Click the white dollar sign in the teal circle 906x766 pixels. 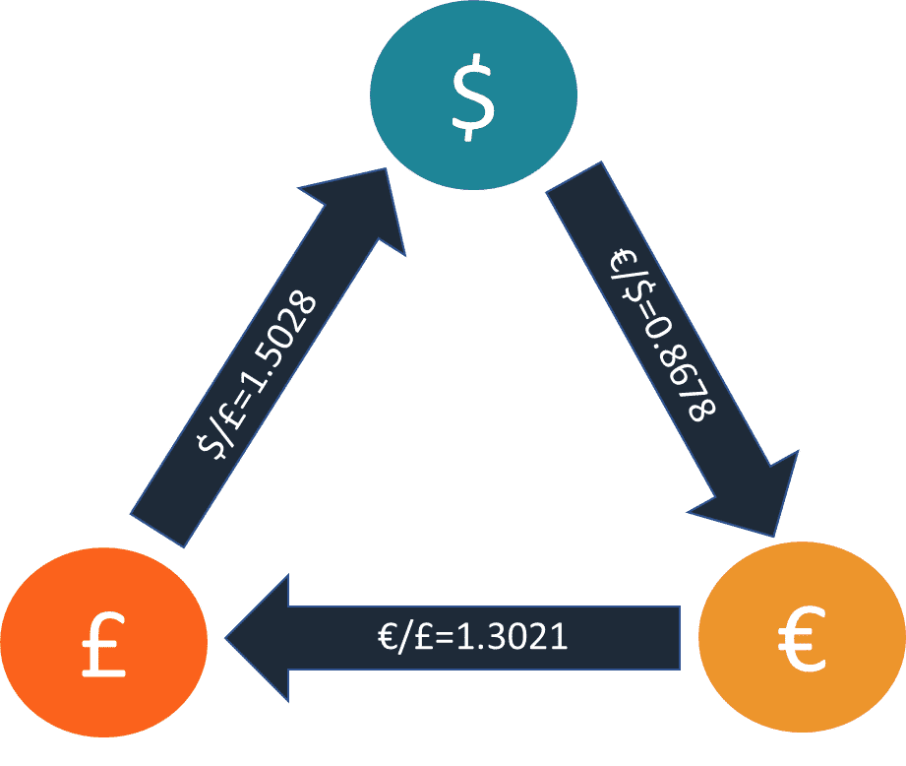473,97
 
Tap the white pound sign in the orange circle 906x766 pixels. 103,644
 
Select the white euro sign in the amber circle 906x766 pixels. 802,638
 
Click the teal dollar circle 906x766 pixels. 474,95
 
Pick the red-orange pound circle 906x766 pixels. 104,642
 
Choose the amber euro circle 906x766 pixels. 802,637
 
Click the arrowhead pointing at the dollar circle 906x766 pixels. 364,206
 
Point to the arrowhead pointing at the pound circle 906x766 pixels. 257,638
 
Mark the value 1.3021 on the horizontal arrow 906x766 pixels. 512,637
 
